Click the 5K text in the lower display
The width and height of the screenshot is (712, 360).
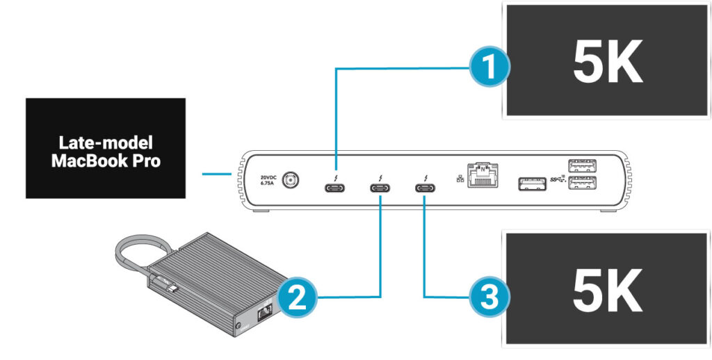(606, 294)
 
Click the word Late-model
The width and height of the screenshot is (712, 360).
(105, 144)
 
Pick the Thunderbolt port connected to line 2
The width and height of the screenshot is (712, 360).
(380, 188)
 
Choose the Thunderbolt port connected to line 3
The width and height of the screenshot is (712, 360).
(424, 188)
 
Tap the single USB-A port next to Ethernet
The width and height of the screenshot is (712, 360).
(532, 184)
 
